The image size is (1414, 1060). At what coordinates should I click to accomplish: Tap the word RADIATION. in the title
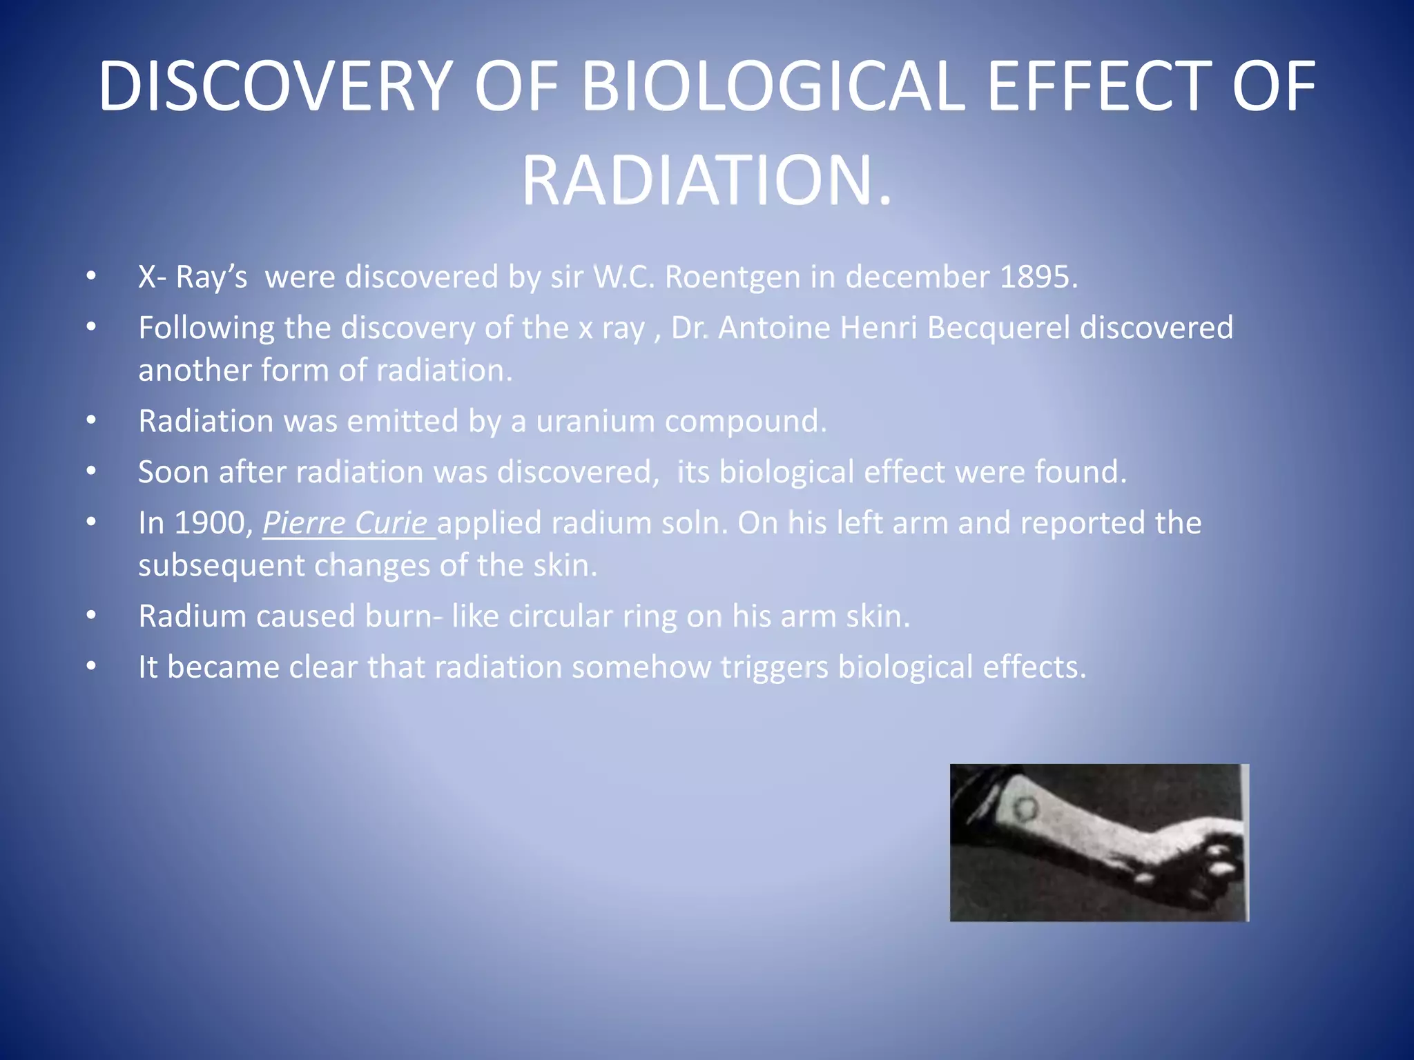[706, 181]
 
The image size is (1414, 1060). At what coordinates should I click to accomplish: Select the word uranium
[594, 421]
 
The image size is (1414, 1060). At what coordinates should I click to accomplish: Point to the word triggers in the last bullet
[773, 667]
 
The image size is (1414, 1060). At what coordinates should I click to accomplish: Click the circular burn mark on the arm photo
[1025, 807]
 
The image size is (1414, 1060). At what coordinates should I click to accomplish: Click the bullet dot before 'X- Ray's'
[91, 277]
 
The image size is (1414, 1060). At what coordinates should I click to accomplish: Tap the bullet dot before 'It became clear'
[91, 667]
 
